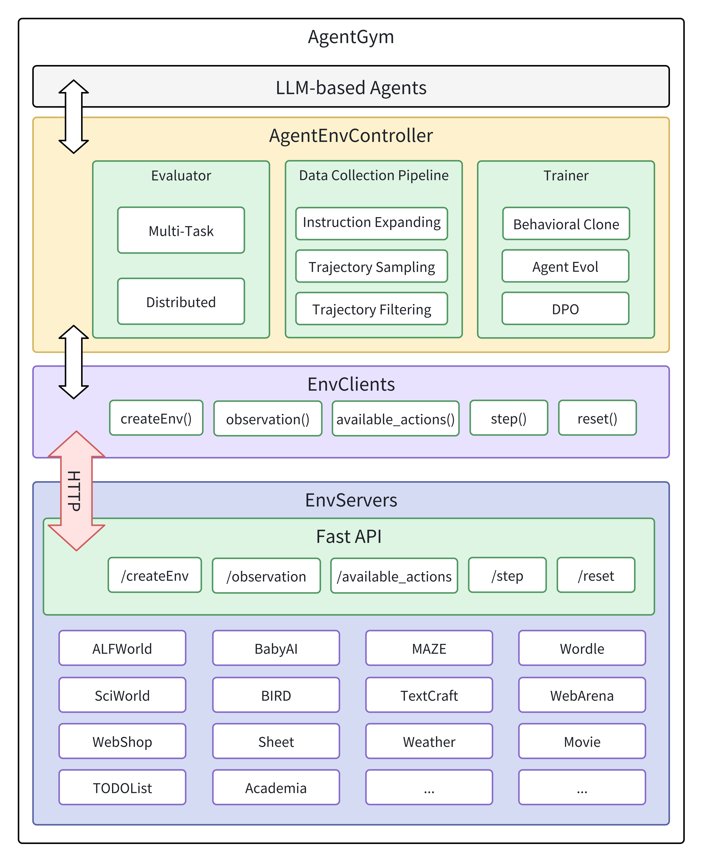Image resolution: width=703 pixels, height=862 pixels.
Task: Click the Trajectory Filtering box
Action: click(371, 309)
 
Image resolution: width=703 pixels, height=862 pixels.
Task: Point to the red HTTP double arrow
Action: click(76, 491)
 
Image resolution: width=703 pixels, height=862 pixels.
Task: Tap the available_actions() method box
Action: click(395, 419)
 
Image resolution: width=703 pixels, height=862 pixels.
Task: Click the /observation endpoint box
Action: click(266, 576)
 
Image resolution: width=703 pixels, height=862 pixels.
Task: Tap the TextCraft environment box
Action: click(429, 695)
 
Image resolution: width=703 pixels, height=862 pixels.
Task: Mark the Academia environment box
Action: click(276, 787)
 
